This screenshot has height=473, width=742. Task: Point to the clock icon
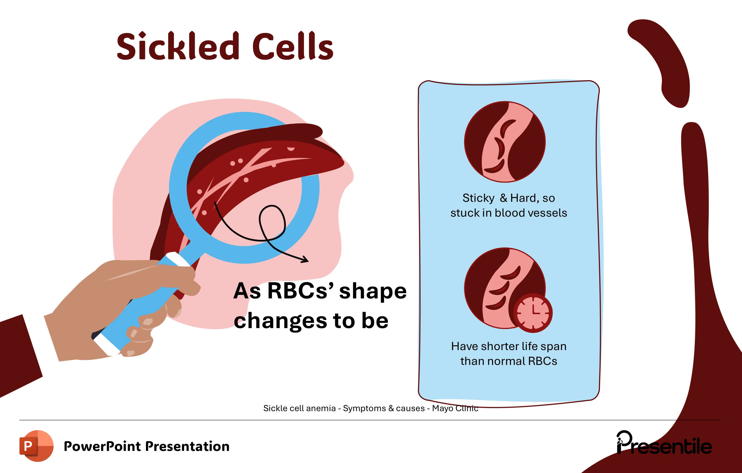click(533, 313)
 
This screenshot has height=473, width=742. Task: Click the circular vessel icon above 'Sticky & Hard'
click(505, 142)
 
